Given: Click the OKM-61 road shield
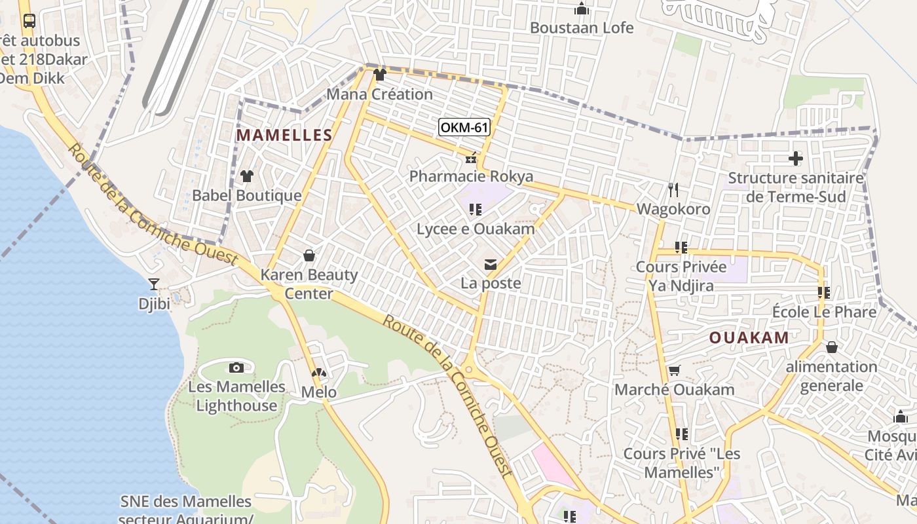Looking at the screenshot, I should pos(464,127).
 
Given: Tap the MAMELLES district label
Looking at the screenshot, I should pos(284,136).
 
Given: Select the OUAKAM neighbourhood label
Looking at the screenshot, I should pos(749,338).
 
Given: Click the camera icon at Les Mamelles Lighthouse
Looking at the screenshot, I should pos(236,368).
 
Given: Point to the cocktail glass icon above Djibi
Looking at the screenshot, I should pos(154,284).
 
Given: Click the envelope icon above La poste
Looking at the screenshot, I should pos(490,265).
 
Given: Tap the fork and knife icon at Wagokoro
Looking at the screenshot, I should pos(673,190).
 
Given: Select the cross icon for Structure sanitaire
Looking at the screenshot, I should pos(796,159).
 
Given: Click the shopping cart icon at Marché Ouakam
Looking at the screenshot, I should pos(674,371).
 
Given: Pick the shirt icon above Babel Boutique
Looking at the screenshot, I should pos(247,176).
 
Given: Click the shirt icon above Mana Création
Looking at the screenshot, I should pos(379,75).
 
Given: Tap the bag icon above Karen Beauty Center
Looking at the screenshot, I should pos(309,255).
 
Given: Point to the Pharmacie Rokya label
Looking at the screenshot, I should pos(471,176).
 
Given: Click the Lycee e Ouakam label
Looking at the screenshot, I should pos(476,229).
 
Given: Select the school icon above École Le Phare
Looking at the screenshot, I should pos(824,293).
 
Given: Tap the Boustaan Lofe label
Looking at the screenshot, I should pos(582,28).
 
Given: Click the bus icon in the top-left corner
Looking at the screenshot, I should pos(29,20).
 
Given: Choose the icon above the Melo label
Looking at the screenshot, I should pos(319,373).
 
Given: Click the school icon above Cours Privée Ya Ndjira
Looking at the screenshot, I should pos(681,248).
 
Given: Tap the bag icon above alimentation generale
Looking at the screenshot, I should pos(832,347).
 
